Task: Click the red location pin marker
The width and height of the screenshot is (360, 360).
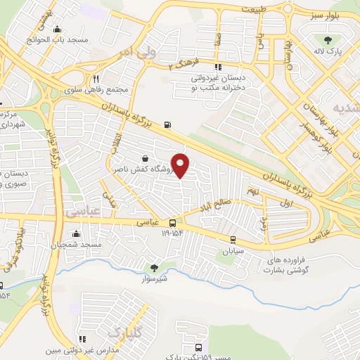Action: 181,165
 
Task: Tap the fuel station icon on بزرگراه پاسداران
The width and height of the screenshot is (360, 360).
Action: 167,126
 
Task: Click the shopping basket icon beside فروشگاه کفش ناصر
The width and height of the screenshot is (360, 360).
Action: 144,158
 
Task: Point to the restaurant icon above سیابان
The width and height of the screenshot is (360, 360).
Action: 233,239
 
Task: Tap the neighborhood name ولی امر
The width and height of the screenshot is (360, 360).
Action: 136,51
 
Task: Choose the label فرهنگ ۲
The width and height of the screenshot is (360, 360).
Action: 184,64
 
